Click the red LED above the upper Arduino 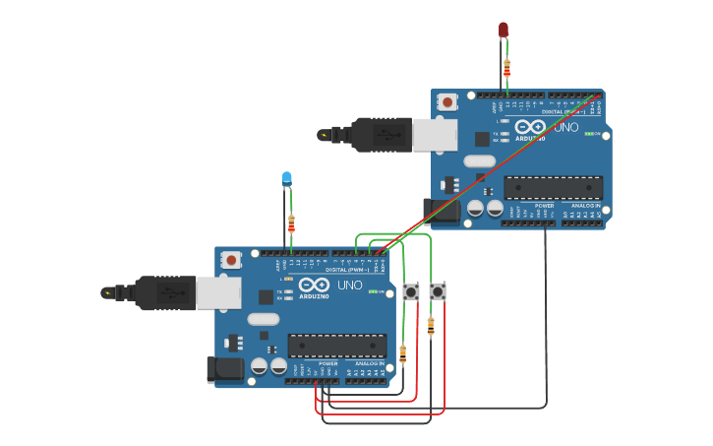504,30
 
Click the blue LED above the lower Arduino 287,178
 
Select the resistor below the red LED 507,68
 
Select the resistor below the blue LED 291,223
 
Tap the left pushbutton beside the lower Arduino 411,291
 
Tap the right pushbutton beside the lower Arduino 438,291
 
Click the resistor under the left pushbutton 403,352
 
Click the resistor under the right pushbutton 431,326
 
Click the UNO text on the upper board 566,128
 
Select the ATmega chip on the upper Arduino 553,188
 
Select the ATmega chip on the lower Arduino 336,346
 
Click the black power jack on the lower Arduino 223,370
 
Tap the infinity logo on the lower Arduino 315,286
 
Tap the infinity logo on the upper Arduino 530,128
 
